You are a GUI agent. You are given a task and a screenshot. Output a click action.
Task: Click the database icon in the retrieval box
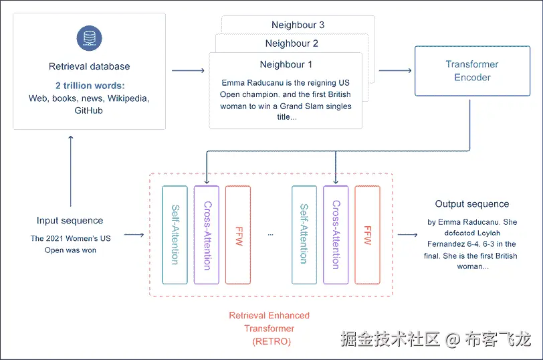(89, 38)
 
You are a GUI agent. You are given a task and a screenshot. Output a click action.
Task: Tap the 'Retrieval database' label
(89, 67)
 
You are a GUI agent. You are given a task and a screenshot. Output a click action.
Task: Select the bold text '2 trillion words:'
(89, 86)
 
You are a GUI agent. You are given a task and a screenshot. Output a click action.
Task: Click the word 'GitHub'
(89, 110)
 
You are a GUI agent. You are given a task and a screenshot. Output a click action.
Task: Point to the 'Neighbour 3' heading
(298, 25)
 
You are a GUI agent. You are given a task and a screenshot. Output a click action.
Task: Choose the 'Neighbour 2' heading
(292, 44)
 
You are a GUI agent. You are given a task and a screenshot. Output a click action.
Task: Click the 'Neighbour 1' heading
(286, 65)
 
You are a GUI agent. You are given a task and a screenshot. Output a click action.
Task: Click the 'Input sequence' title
(70, 220)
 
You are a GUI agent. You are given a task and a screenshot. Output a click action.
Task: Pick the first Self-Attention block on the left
(175, 234)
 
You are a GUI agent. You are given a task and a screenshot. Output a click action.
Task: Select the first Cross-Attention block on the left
(207, 234)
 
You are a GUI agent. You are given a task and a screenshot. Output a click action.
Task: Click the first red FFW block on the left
(238, 234)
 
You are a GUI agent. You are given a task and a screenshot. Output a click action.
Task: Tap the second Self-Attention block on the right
(304, 234)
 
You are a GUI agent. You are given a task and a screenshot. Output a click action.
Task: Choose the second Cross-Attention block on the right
(336, 234)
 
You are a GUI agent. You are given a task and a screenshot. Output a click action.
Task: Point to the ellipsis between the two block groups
(271, 235)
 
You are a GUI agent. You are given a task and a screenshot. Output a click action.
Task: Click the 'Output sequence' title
(471, 204)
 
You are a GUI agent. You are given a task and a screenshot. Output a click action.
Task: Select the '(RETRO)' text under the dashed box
(271, 341)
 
